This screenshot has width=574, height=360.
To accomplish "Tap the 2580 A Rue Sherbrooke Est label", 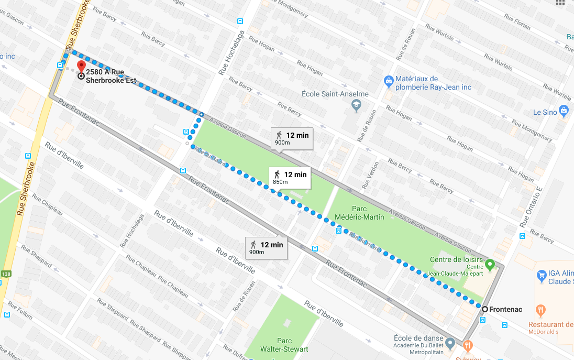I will pyautogui.click(x=111, y=77).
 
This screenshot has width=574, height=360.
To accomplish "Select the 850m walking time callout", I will pyautogui.click(x=290, y=177).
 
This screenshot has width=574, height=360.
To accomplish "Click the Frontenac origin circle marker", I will pyautogui.click(x=485, y=309).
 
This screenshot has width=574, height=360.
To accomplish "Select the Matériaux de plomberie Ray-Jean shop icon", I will pyautogui.click(x=389, y=81).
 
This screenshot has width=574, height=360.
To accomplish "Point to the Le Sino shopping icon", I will pyautogui.click(x=564, y=111).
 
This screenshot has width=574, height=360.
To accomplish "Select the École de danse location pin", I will pyautogui.click(x=450, y=343).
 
